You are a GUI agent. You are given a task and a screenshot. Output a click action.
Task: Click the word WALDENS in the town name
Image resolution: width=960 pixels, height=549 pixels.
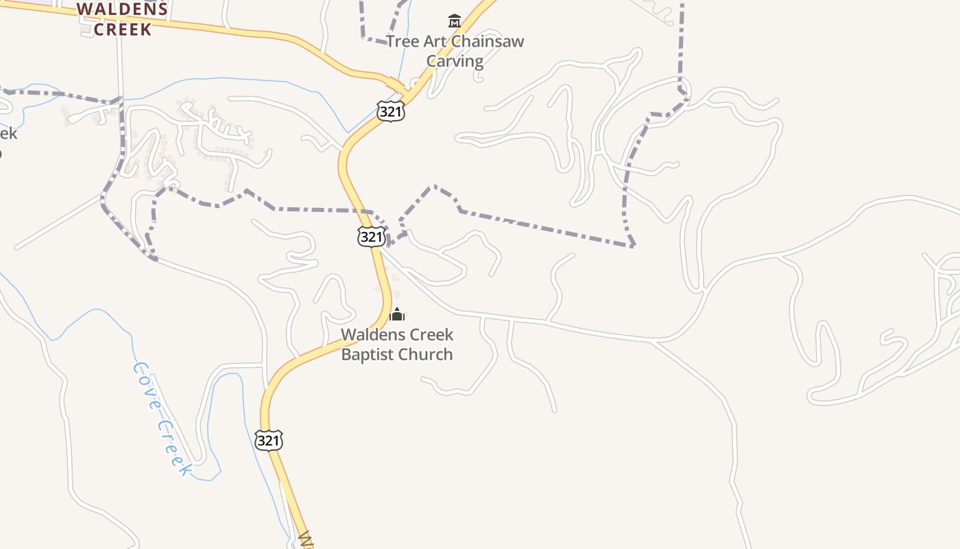coord(122,10)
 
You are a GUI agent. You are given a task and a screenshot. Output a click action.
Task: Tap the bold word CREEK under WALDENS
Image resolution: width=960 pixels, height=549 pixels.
coord(122,30)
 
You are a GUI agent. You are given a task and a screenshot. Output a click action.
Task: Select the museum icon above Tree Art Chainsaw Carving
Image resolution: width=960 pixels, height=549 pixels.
coord(454,21)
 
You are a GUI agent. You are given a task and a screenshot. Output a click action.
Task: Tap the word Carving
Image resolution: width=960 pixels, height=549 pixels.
coord(455,61)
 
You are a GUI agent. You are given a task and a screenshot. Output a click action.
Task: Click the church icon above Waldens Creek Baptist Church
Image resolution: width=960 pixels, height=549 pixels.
coord(397,315)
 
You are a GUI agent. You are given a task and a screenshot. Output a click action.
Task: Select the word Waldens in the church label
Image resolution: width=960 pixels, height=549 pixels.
coord(369,335)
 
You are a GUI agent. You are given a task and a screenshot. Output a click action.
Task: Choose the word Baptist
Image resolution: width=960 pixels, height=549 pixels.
coord(371,355)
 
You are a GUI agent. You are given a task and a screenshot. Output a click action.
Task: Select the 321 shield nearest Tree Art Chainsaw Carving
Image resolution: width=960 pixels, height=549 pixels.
coord(390,111)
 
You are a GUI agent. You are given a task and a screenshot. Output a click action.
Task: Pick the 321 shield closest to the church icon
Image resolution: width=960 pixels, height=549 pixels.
coord(371,237)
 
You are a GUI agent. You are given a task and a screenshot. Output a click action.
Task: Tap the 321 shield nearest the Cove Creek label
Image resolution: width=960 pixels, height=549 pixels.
coord(268,440)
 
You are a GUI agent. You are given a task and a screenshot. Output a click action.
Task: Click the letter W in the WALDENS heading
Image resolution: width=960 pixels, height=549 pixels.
coord(84,10)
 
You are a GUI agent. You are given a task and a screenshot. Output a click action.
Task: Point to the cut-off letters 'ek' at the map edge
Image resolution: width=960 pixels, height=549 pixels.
coord(8,133)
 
